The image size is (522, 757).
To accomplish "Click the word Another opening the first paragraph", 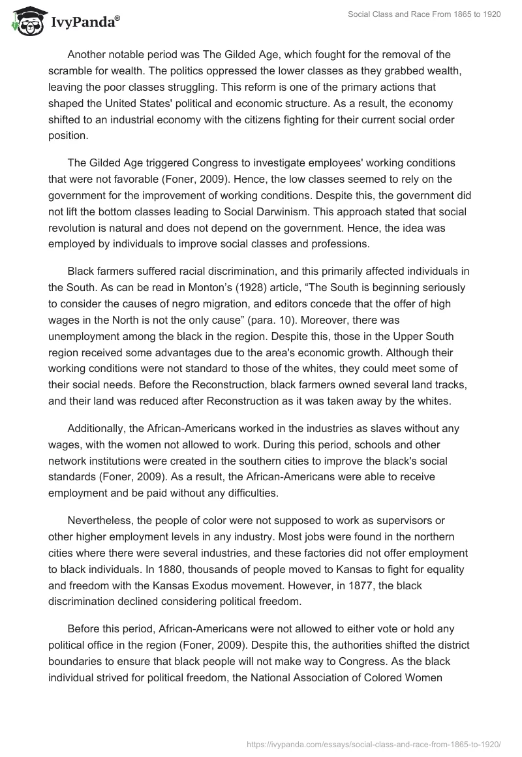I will [x=89, y=55].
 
